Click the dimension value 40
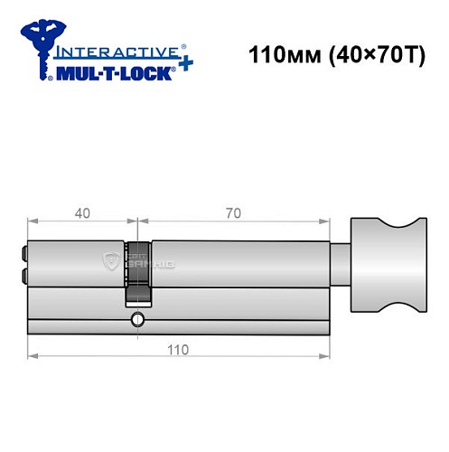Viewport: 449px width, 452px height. tap(81, 212)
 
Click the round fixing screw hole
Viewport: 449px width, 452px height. tap(137, 319)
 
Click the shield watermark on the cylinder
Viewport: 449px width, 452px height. tap(112, 262)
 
